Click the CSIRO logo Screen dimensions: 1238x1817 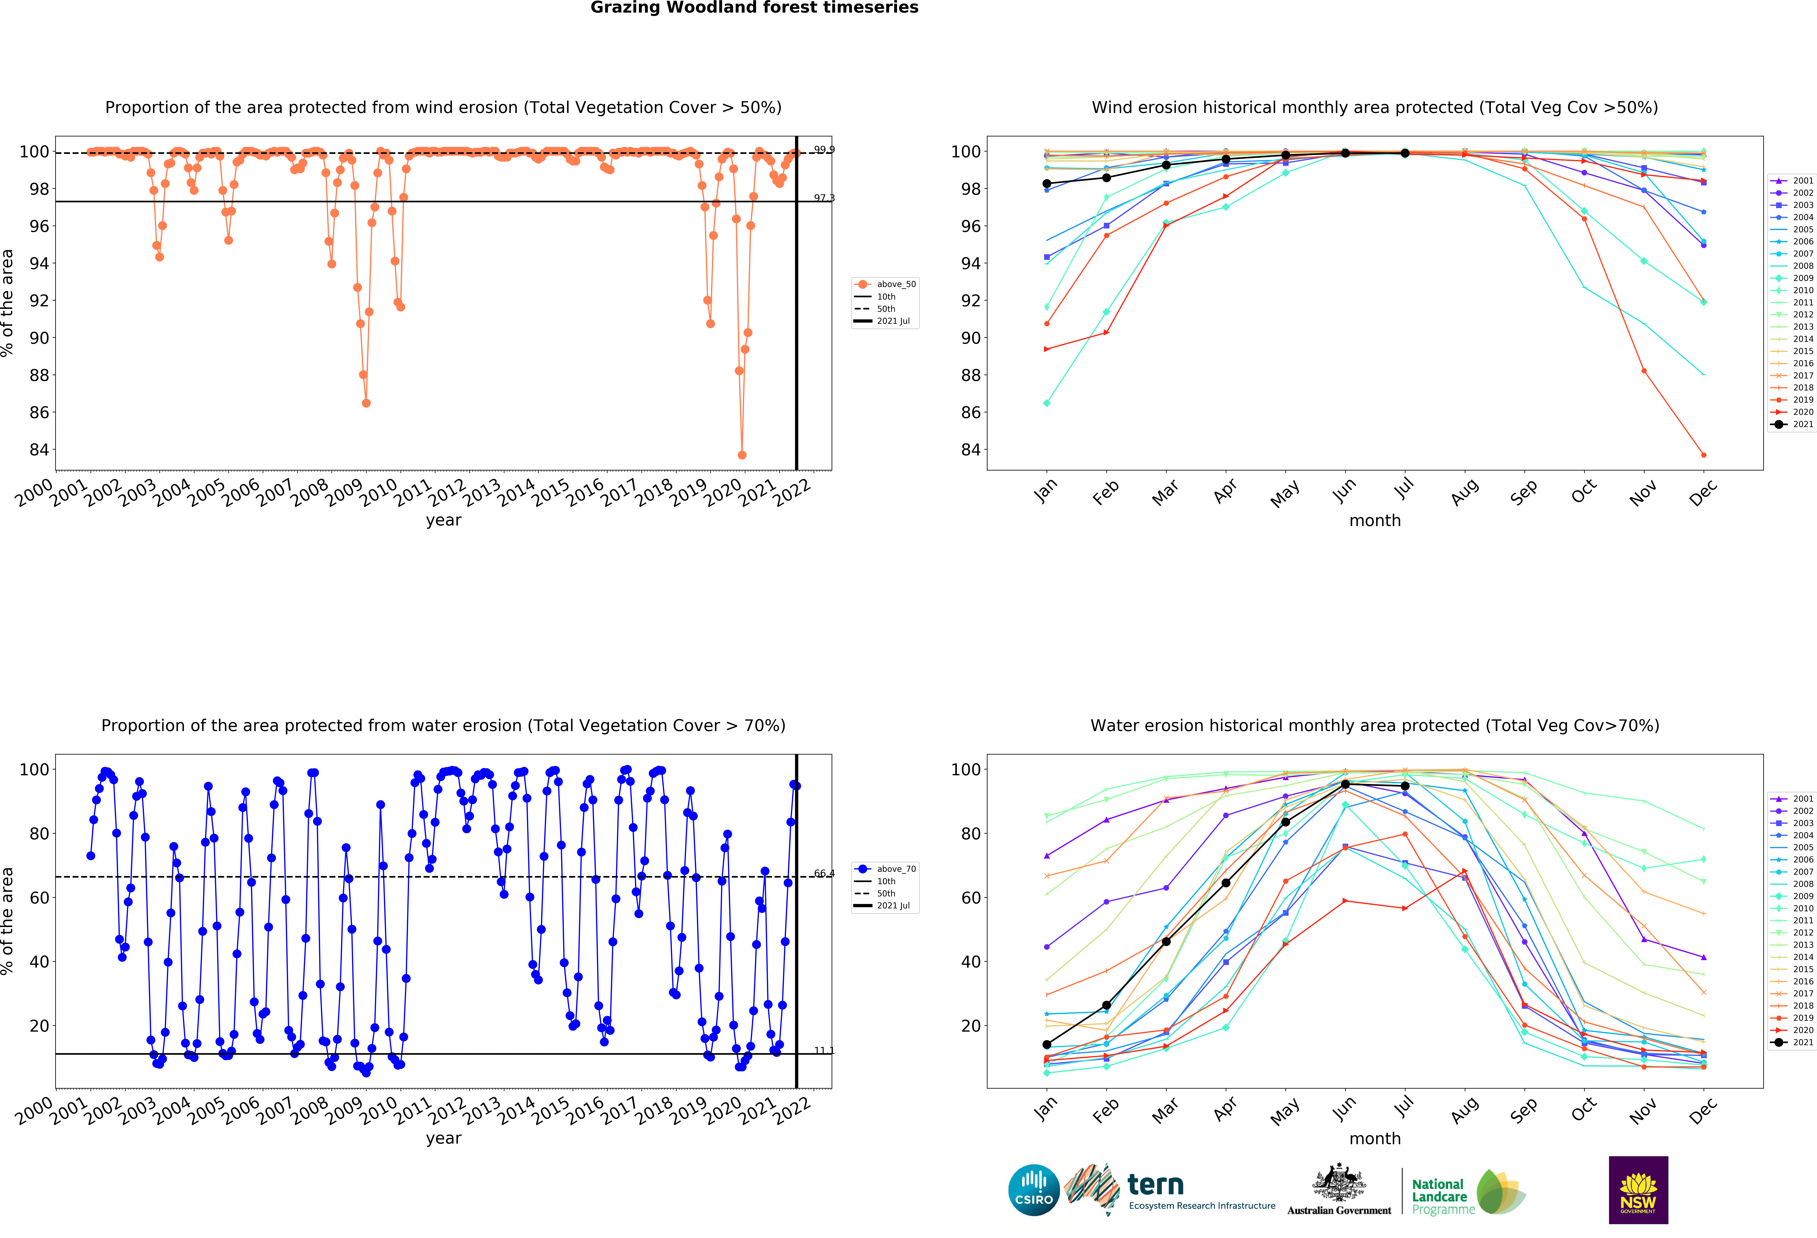[1034, 1190]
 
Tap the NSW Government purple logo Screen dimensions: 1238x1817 [1638, 1190]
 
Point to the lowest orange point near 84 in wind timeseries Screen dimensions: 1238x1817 [742, 455]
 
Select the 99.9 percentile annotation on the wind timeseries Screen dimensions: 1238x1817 [823, 149]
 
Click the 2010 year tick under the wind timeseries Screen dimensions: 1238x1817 [379, 492]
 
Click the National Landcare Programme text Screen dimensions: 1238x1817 [1442, 1197]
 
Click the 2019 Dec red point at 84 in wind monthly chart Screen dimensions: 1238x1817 [1704, 455]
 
